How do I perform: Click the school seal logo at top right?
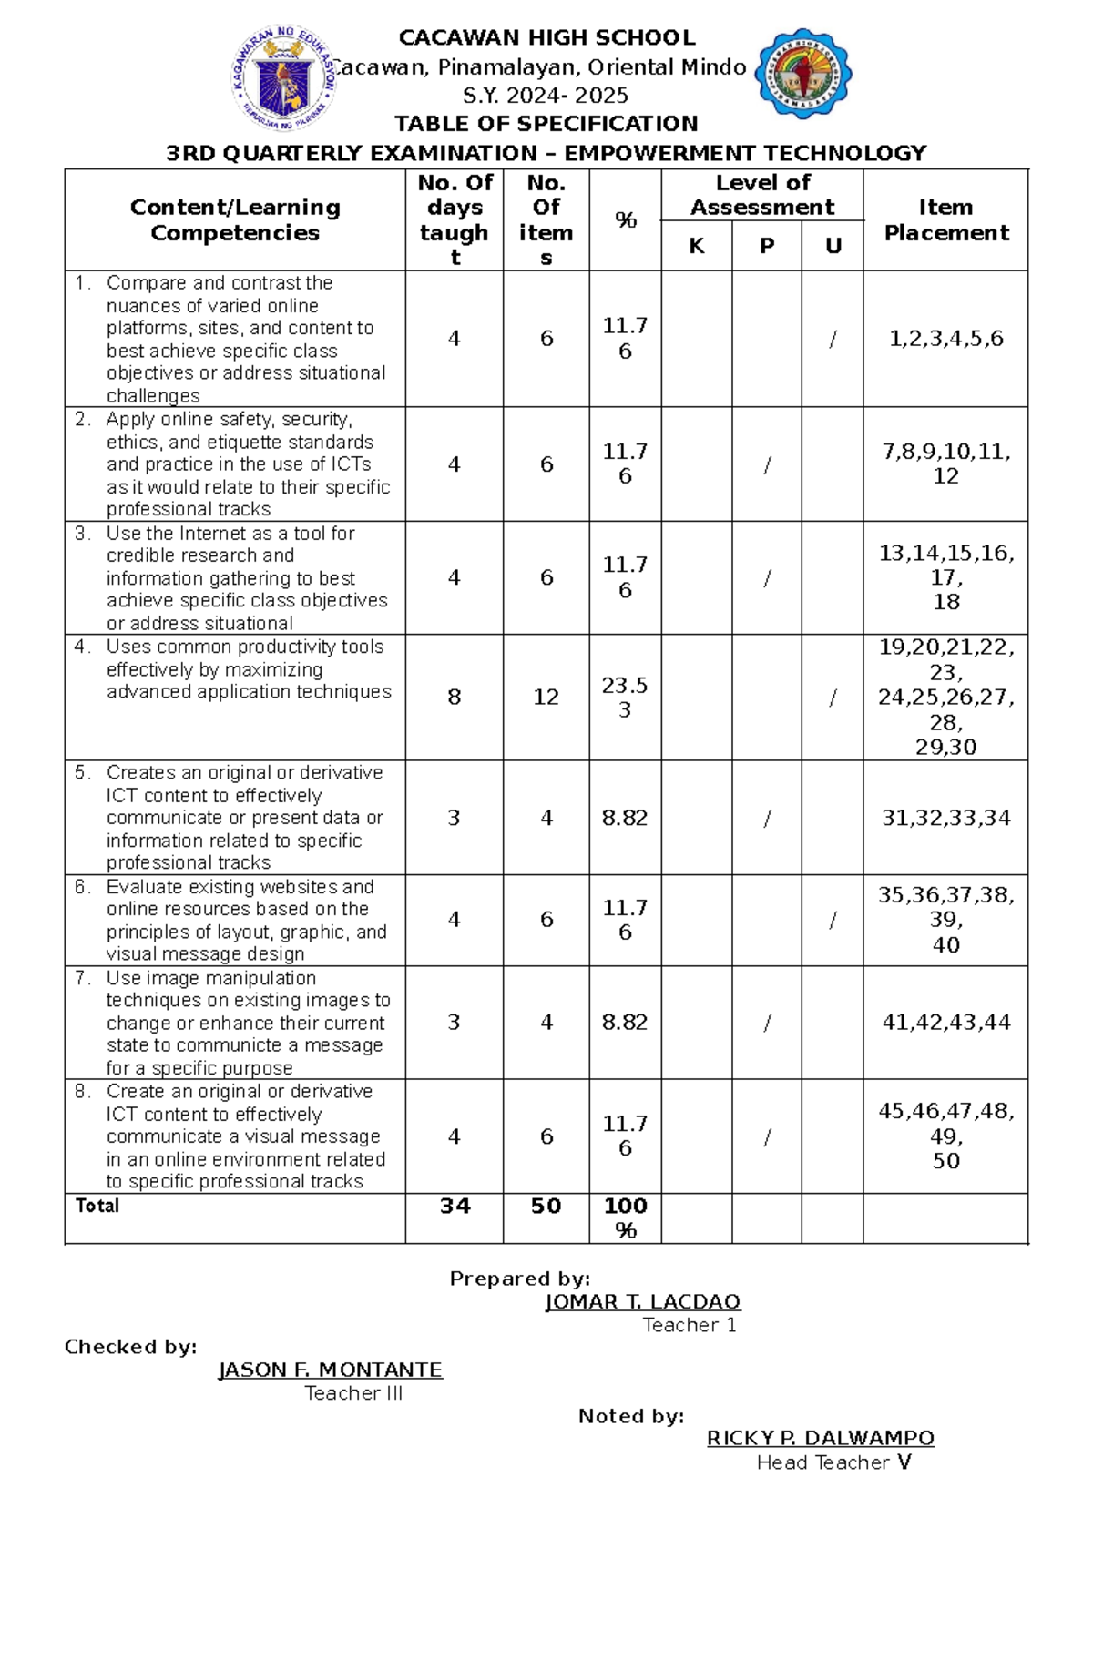coord(803,74)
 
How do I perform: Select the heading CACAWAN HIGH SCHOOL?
coord(546,37)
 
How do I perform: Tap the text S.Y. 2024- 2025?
coord(546,95)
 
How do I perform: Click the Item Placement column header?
coord(945,219)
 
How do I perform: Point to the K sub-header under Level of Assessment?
coord(697,246)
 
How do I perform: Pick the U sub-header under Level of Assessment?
coord(833,246)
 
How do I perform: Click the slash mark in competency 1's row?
coord(833,339)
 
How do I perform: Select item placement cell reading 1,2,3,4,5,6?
coord(945,339)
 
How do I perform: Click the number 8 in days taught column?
coord(454,697)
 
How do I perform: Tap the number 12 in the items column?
coord(546,697)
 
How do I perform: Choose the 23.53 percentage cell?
coord(625,697)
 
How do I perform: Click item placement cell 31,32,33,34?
coord(945,818)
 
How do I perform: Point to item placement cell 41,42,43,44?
coord(945,1022)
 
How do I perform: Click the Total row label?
coord(97,1206)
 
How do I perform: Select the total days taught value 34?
coord(455,1206)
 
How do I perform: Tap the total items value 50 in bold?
coord(546,1206)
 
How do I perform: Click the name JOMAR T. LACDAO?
coord(642,1301)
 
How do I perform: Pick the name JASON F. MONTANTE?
coord(330,1370)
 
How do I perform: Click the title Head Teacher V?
coord(833,1462)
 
